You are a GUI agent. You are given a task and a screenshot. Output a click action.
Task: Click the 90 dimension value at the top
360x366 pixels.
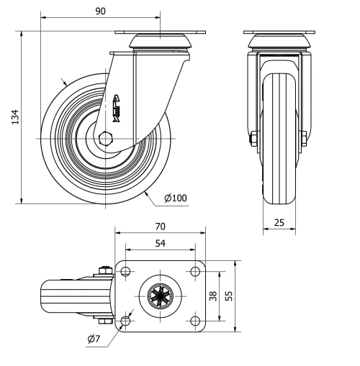[100, 10]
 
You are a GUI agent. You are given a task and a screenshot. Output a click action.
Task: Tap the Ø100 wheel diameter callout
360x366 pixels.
[175, 198]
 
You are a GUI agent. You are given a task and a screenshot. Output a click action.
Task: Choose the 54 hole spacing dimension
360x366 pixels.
[160, 244]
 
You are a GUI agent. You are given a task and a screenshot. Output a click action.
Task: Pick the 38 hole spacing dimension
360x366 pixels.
[213, 296]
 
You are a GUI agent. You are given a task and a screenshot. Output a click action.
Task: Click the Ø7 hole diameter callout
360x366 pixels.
[93, 339]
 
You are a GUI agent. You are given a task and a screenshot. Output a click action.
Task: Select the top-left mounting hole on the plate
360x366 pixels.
[126, 272]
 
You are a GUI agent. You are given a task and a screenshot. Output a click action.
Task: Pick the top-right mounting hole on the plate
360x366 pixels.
[194, 272]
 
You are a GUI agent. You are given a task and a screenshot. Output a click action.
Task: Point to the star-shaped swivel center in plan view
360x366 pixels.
[160, 296]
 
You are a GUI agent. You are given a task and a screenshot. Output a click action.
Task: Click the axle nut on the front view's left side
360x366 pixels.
[254, 138]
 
